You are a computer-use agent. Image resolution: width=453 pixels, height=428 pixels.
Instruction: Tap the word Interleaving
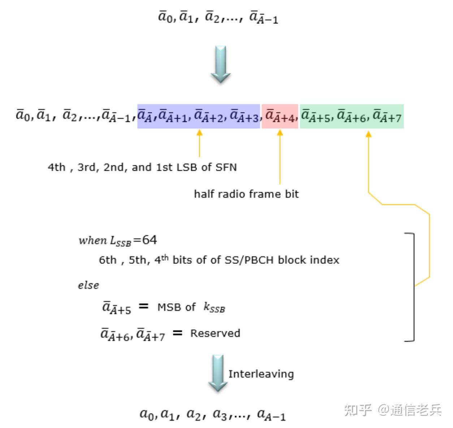pos(261,374)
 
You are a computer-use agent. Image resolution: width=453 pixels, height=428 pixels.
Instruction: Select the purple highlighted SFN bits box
pos(198,116)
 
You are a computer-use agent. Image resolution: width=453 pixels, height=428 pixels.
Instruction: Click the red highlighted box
pos(280,116)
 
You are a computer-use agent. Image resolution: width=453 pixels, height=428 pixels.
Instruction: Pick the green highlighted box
pos(351,116)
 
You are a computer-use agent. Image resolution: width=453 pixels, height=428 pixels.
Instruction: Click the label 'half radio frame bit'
pos(246,194)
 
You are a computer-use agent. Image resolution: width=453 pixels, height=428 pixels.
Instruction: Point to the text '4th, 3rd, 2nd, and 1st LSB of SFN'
pos(142,167)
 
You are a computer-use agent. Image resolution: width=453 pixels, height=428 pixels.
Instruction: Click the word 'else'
pos(89,285)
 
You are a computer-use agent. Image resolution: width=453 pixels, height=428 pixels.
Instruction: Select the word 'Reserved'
pos(215,333)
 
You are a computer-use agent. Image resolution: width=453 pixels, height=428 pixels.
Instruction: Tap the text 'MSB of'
pos(176,307)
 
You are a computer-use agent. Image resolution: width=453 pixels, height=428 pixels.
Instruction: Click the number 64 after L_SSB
pos(150,240)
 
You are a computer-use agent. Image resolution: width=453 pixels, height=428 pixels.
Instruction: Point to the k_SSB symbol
pos(214,308)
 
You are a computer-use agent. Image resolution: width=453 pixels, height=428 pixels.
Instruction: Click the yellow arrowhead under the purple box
pos(199,133)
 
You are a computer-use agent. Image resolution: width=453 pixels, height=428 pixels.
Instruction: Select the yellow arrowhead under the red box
pos(280,133)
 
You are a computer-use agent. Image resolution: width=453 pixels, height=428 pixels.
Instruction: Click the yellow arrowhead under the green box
pos(368,134)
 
